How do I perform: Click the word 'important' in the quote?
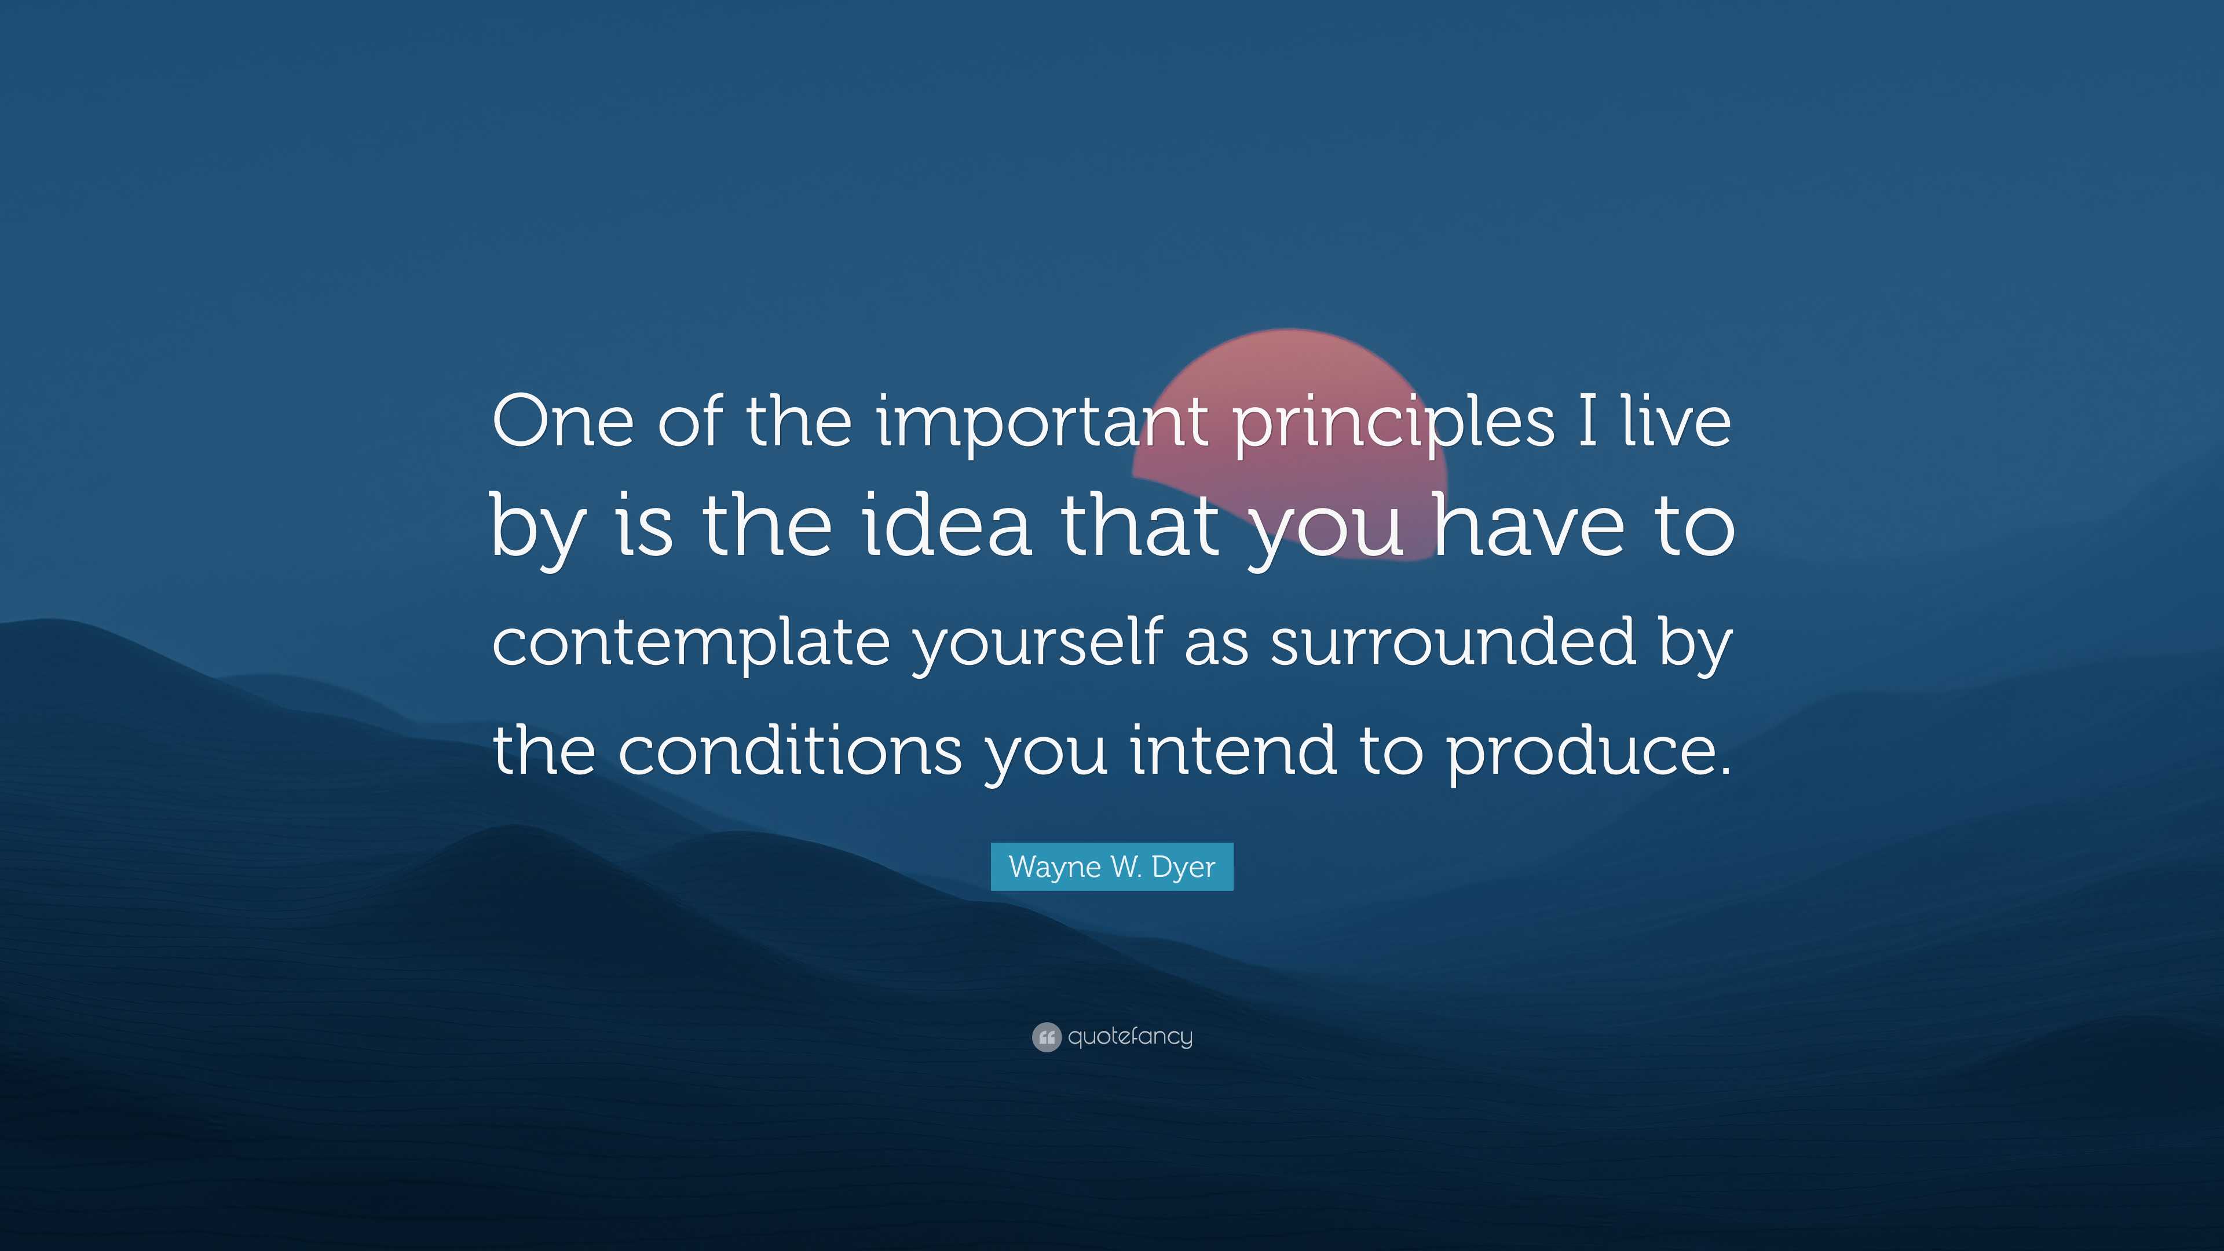tap(1041, 423)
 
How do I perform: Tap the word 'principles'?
tap(1392, 423)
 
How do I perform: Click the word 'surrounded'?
tap(1453, 643)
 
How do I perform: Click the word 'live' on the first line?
tap(1677, 423)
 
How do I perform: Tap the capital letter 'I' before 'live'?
tap(1587, 423)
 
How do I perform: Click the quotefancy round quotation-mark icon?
tap(1047, 1037)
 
